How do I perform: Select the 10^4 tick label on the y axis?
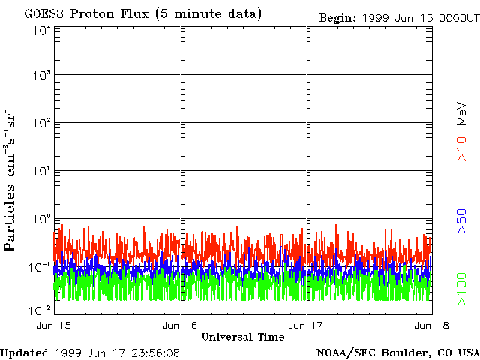[42, 30]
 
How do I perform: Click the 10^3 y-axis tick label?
[42, 76]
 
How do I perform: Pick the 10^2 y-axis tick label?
[42, 123]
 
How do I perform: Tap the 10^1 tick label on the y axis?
[42, 171]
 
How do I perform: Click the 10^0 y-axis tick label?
[42, 219]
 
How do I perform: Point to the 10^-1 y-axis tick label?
[40, 266]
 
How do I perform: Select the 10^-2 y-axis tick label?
[40, 310]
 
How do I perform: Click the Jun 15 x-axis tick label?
[53, 325]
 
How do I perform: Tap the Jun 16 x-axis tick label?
[179, 325]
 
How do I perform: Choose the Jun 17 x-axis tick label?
[305, 325]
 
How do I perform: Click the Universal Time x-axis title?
[242, 337]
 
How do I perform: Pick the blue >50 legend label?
[463, 222]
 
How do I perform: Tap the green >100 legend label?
[463, 289]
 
